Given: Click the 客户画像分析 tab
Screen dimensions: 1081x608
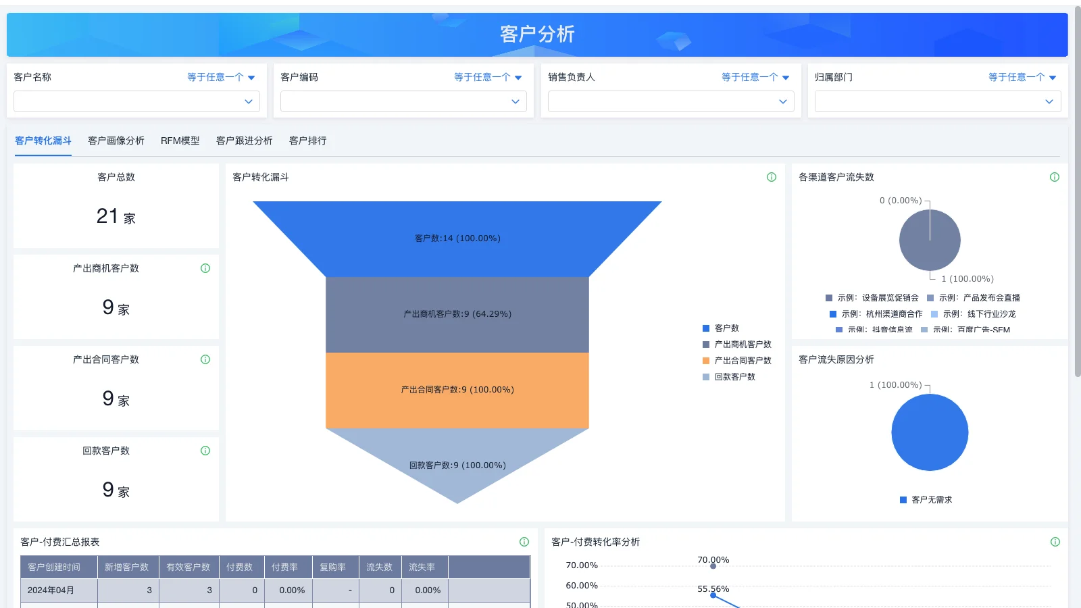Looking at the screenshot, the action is coord(116,141).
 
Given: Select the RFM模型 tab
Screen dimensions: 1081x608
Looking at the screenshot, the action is coord(180,141).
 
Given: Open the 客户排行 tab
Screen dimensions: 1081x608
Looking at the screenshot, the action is coord(307,141).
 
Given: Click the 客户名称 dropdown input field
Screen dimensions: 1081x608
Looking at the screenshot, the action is coord(136,101).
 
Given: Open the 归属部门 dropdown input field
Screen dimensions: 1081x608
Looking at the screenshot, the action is coord(937,101).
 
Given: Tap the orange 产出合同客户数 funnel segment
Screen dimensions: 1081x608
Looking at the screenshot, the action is coord(457,390).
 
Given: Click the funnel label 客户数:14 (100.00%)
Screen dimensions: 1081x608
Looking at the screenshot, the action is coord(457,238).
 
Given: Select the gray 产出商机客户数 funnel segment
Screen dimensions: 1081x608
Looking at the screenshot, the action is coord(457,314).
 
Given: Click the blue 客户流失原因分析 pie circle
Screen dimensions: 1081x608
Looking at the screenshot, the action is coord(930,432).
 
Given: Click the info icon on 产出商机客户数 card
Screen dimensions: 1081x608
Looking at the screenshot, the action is coord(205,268).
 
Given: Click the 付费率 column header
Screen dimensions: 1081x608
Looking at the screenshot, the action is coord(284,567).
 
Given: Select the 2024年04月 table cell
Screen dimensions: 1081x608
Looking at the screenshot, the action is coord(51,590).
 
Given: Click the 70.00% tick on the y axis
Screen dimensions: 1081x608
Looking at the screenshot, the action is coord(581,565).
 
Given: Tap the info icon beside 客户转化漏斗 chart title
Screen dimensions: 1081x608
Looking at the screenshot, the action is coord(772,177).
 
